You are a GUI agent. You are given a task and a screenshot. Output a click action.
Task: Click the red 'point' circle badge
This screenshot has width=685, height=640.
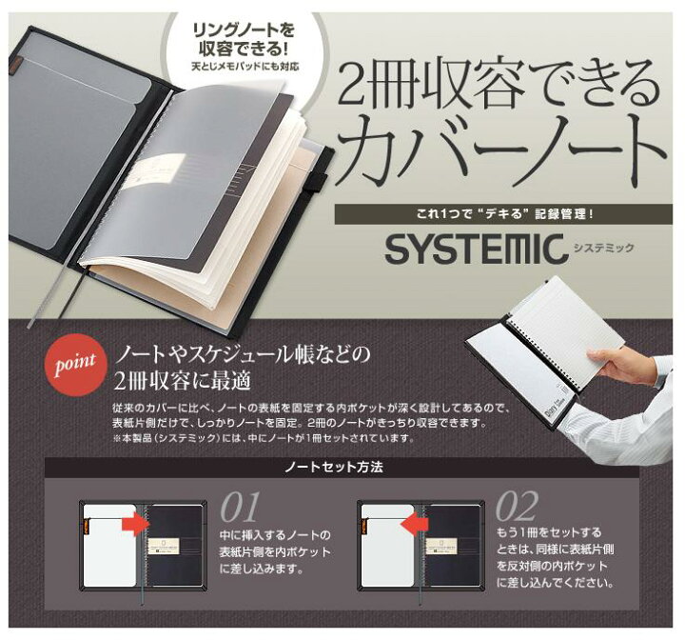pos(75,365)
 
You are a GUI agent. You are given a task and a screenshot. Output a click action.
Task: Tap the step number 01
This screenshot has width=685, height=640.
pos(241,507)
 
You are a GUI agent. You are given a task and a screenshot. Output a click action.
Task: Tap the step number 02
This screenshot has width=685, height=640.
pos(517,506)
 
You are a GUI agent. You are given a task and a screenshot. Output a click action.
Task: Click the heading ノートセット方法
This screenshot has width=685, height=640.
pos(334,468)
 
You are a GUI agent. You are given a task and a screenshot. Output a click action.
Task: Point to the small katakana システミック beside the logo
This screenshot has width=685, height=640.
pos(603,248)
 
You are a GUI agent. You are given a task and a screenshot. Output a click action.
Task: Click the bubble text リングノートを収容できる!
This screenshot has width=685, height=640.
pos(244,40)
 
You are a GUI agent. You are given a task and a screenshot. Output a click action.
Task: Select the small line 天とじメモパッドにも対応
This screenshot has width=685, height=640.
pos(245,67)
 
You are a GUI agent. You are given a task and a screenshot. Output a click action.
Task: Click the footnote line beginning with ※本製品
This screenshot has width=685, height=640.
pos(263,438)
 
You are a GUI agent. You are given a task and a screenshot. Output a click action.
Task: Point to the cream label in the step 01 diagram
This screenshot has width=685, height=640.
pos(165,546)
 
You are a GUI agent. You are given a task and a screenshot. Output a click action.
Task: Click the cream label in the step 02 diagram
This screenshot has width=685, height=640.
pos(442,546)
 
